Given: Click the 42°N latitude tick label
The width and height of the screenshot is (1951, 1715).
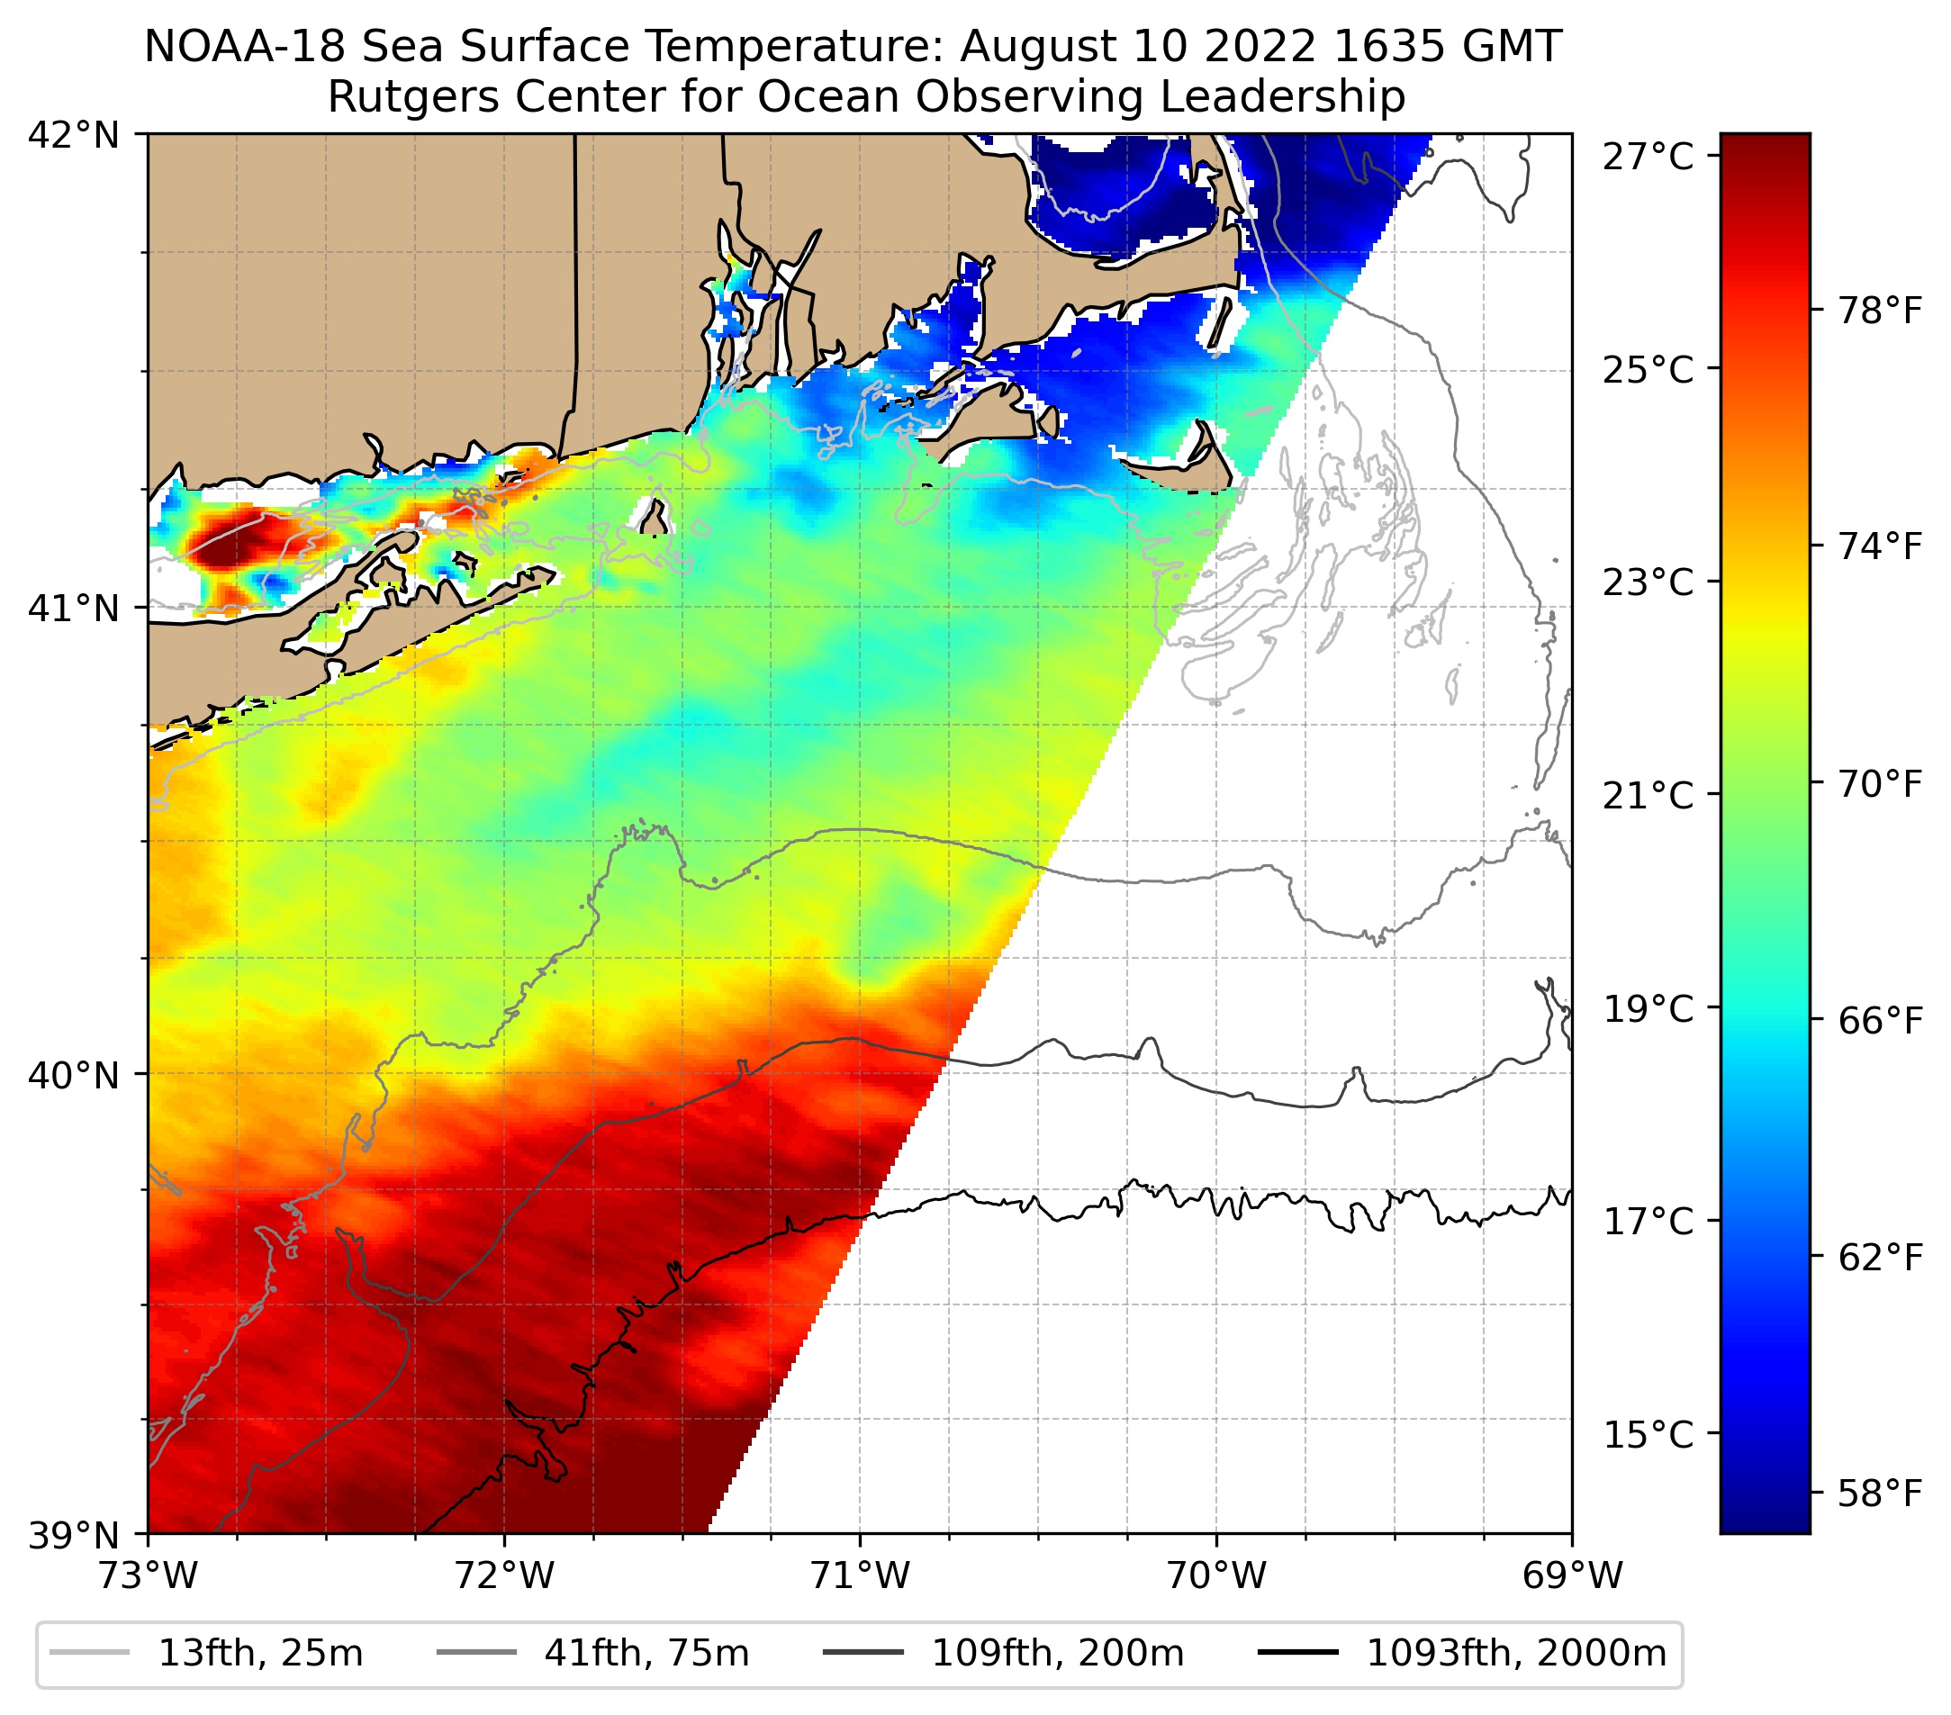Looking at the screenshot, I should coord(74,136).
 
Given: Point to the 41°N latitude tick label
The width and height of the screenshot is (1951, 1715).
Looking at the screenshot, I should coord(74,608).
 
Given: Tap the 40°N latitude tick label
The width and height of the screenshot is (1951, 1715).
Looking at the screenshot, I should coord(74,1076).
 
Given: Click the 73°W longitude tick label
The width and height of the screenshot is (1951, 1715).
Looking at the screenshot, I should coord(148,1576).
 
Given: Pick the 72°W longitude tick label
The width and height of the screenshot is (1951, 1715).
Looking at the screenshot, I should coord(504,1576).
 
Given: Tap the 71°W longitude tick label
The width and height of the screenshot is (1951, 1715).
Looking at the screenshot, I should coord(860,1576).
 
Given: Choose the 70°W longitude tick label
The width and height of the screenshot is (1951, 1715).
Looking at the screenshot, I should coord(1217,1576).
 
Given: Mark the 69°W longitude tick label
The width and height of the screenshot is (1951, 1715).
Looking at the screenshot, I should coord(1572,1576).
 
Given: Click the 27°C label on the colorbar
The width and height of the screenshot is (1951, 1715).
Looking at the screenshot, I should coord(1648,157).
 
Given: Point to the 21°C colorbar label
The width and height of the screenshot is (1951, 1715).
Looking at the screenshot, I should coord(1648,795).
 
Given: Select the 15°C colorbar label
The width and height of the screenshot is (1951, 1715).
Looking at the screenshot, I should coord(1648,1434).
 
